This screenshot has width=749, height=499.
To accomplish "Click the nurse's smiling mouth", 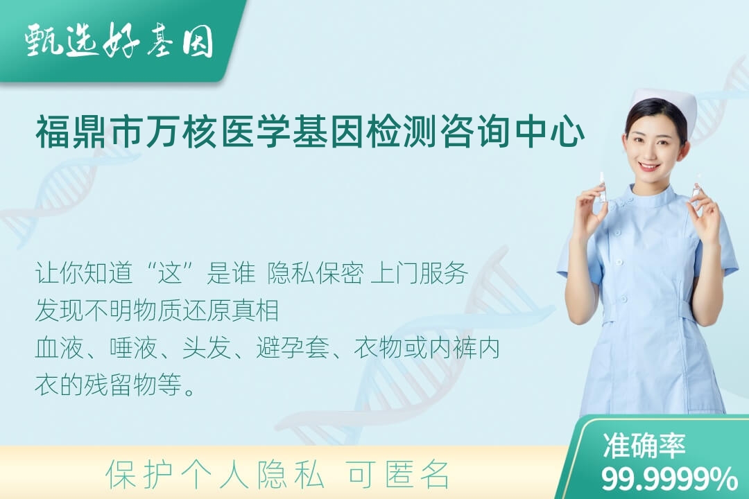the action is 650,166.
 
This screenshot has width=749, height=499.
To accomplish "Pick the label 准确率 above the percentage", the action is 644,446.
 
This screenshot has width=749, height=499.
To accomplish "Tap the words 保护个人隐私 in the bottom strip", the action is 216,475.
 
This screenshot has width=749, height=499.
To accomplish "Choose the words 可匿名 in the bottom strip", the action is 399,475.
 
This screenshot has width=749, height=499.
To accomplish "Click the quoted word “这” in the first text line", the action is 171,273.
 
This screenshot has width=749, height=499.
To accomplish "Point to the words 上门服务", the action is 419,273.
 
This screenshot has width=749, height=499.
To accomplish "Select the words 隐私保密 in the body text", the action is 316,273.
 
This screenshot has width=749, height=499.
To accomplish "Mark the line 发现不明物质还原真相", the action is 157,310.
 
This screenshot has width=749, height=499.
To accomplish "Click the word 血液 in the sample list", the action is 59,348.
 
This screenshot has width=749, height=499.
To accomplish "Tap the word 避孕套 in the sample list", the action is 293,348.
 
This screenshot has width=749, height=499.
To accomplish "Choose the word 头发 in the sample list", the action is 207,348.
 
